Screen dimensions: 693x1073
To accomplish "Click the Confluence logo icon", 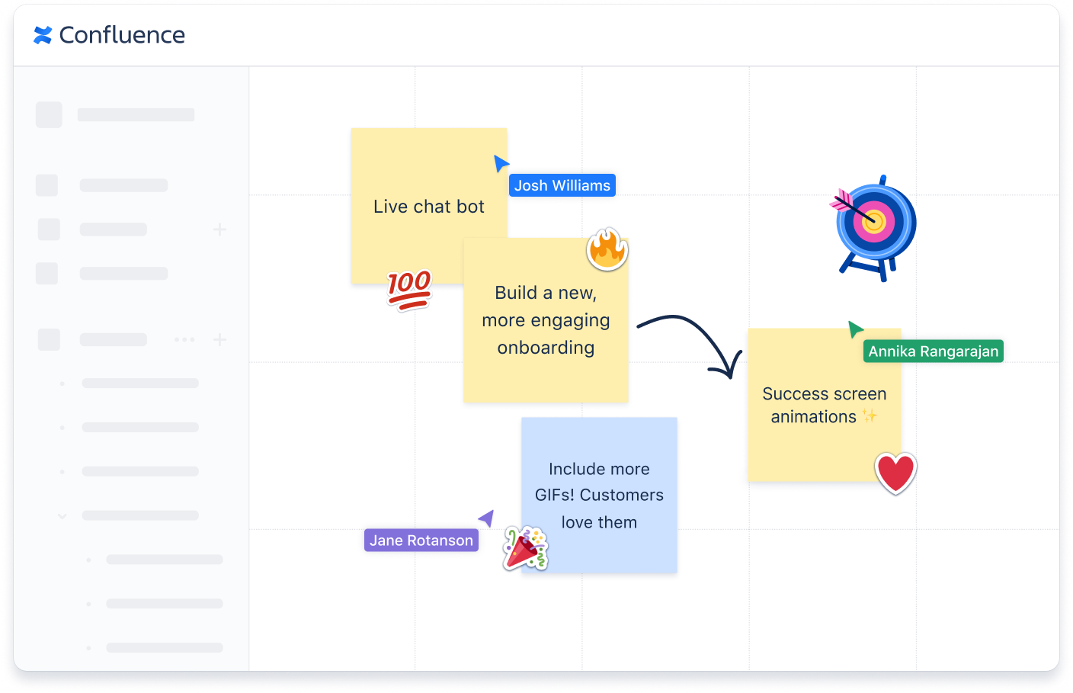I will coord(43,35).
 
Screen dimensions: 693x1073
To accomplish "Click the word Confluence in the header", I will coord(122,35).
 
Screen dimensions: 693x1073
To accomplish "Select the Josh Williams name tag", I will coord(562,185).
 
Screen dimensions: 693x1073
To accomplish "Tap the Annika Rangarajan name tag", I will coord(933,351).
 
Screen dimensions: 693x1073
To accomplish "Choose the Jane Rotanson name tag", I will coord(421,541).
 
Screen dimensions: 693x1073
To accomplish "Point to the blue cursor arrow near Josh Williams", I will coord(501,163).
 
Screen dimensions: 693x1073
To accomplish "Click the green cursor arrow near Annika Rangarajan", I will coord(855,329).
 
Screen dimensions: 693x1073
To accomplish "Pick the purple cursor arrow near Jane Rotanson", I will coord(486,518).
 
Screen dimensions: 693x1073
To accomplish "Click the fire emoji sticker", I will coord(607,249).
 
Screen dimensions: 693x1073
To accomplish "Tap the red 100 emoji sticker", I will coord(409,290).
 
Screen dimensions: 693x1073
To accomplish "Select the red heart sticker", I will coord(895,473).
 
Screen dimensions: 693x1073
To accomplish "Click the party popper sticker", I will coord(525,548).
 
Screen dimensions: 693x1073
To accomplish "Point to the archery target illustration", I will coord(875,226).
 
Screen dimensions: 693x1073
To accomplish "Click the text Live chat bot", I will coord(429,207).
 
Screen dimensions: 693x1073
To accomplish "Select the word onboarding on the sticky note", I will coord(546,348).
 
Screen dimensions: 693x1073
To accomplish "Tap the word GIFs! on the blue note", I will coord(555,495).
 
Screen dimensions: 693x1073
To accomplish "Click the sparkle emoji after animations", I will coord(870,416).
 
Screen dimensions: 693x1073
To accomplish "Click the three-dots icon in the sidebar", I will coord(184,339).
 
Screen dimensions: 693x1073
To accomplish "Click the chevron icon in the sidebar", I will coord(62,516).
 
